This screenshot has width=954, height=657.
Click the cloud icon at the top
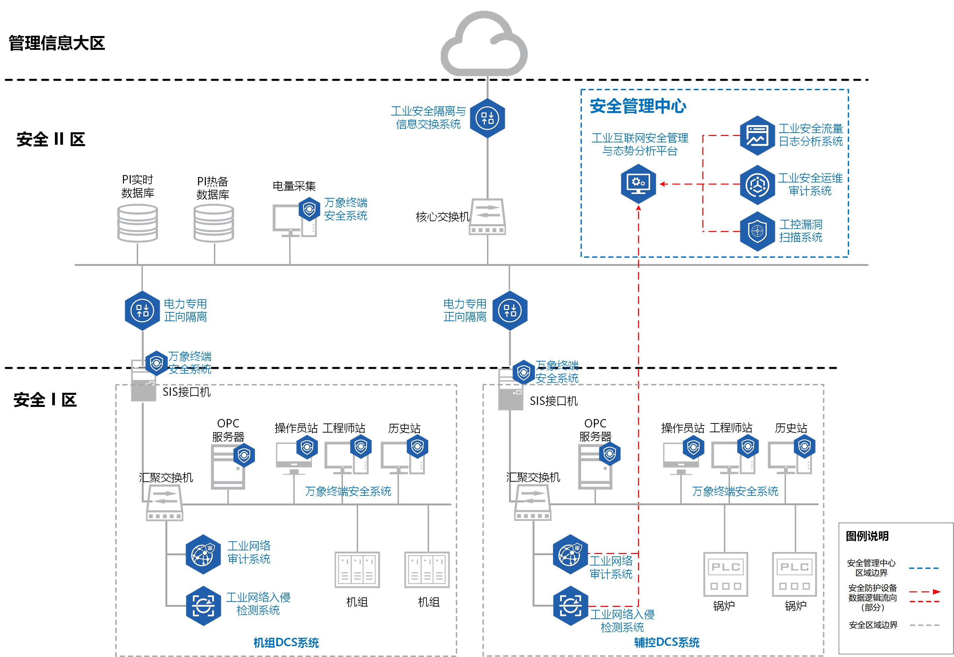[484, 44]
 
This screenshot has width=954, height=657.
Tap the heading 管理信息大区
[57, 43]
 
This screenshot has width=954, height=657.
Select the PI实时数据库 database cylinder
[137, 223]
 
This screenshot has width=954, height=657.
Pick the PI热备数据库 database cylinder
[214, 223]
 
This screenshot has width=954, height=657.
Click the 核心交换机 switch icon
[487, 217]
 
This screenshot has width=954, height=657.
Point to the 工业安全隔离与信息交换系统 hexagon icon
[487, 118]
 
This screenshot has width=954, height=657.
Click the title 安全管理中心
[638, 106]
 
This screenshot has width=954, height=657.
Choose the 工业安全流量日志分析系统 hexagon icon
[757, 135]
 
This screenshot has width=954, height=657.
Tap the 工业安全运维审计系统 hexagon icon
[757, 185]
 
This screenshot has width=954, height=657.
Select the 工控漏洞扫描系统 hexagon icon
[757, 231]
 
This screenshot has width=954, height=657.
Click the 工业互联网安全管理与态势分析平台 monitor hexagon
[638, 183]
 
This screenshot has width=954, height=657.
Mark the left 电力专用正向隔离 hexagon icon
[142, 311]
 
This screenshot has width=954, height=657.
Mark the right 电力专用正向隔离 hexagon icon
[510, 311]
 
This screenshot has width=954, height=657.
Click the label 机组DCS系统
[286, 643]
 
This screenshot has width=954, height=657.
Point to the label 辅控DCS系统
[666, 642]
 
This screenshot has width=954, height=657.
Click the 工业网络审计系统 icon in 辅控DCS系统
[570, 554]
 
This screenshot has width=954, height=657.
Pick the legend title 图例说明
[867, 536]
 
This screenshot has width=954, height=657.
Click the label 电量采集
[294, 186]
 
